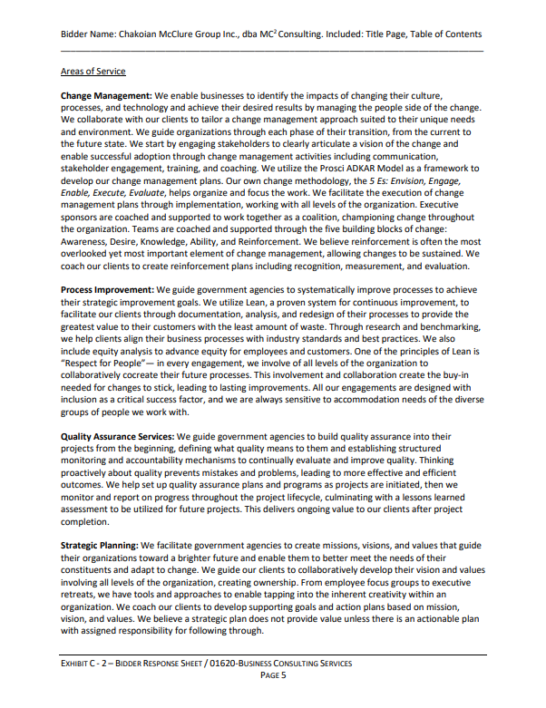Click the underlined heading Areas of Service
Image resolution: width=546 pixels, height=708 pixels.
click(93, 71)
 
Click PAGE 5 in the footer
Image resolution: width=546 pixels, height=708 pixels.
click(273, 675)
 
